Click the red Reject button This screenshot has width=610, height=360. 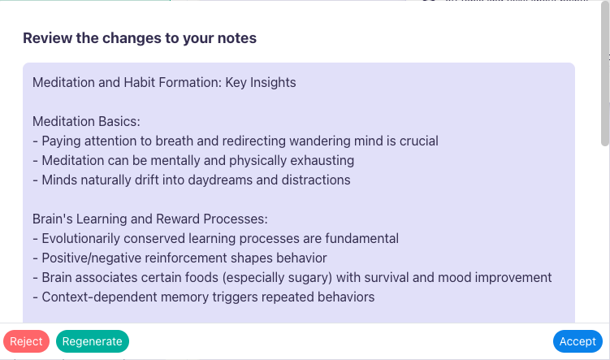pyautogui.click(x=26, y=341)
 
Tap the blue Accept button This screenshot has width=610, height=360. pyautogui.click(x=578, y=341)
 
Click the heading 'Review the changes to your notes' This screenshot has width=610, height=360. pyautogui.click(x=140, y=38)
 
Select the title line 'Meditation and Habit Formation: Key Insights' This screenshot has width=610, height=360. pyautogui.click(x=164, y=82)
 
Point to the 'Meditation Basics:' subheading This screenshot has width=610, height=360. pyautogui.click(x=87, y=121)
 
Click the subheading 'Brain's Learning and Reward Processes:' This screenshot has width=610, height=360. pyautogui.click(x=150, y=219)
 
